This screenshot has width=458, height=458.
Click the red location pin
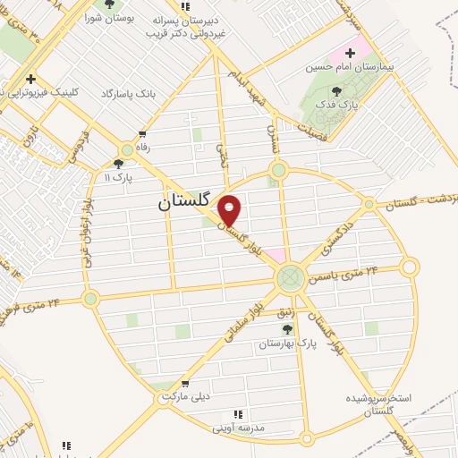(x=230, y=209)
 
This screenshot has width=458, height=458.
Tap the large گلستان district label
(x=189, y=203)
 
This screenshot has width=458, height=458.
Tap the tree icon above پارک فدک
(x=336, y=91)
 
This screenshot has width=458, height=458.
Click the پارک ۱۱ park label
(x=117, y=177)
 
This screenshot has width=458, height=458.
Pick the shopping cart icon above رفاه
(x=141, y=135)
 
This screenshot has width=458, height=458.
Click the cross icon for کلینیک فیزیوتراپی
(x=32, y=79)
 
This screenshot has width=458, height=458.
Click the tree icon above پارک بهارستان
(x=287, y=330)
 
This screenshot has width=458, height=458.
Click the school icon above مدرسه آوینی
(x=238, y=414)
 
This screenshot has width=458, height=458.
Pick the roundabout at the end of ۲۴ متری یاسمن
(x=410, y=266)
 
